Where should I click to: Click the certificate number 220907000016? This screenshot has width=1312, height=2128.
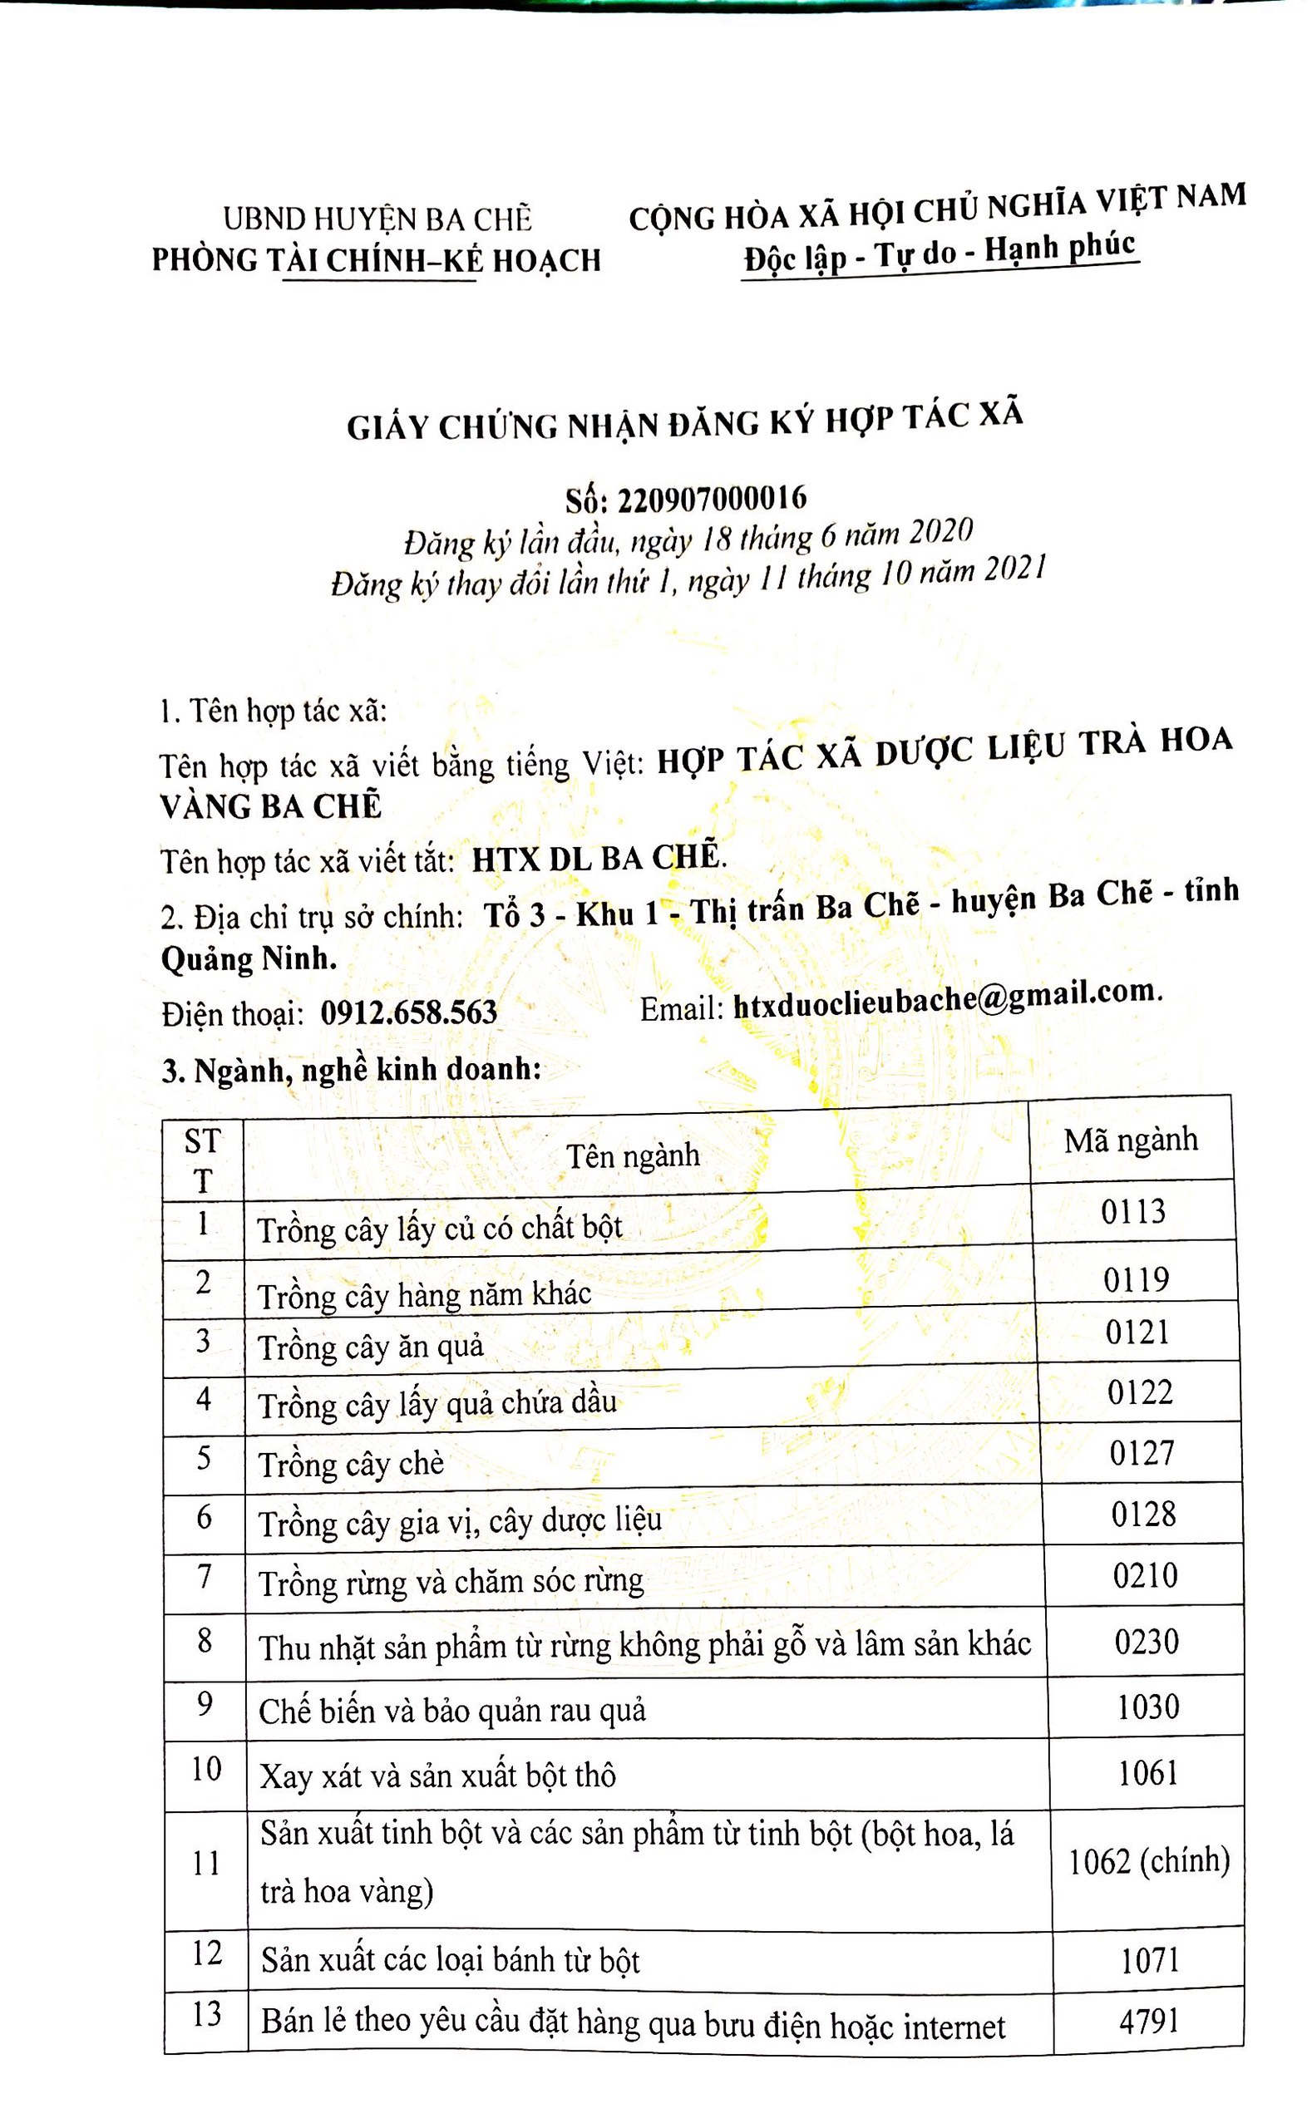[x=712, y=499]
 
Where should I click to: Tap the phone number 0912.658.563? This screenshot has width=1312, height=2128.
[x=409, y=1012]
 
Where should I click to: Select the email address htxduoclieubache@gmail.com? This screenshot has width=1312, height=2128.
[x=946, y=999]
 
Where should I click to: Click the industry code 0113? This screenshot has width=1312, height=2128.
[x=1132, y=1212]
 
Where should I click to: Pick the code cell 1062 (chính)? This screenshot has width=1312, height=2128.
[x=1148, y=1861]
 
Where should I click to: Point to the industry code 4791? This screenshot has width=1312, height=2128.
[x=1149, y=2021]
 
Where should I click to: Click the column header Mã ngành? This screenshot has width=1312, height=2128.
[x=1131, y=1140]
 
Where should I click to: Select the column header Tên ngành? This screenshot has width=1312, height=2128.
[x=633, y=1155]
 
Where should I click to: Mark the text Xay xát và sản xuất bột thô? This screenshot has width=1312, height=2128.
[x=437, y=1776]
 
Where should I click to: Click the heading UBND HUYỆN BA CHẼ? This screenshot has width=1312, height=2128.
[x=377, y=219]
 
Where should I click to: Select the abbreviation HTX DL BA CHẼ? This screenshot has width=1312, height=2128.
[x=596, y=858]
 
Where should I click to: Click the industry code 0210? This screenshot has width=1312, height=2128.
[x=1145, y=1575]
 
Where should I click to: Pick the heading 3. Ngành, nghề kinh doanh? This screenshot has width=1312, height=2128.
[x=352, y=1070]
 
